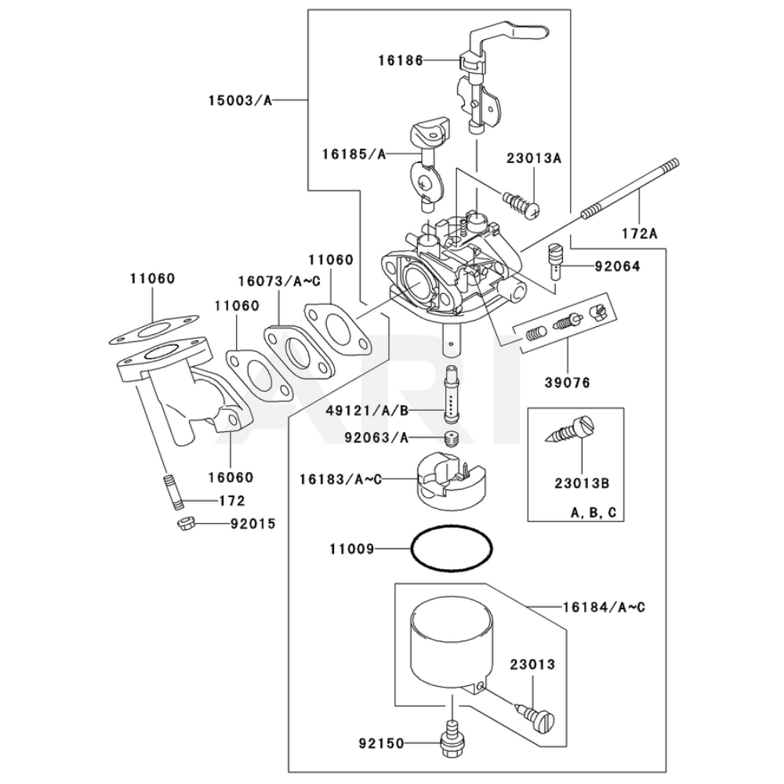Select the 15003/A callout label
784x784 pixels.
(x=240, y=100)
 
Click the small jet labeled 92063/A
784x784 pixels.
(x=451, y=438)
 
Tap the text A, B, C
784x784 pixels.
(x=593, y=513)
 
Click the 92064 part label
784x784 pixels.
(x=617, y=267)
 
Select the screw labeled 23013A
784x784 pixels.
(x=520, y=202)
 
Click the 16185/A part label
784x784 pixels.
(x=352, y=154)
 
